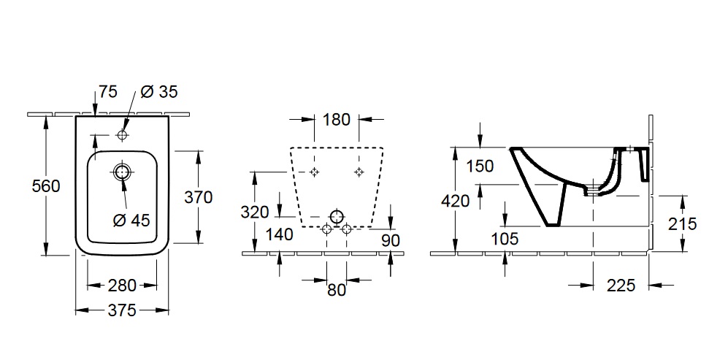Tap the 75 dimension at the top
(x=108, y=92)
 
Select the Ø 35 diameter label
(x=158, y=92)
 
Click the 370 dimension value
(x=198, y=196)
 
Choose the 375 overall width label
(x=122, y=310)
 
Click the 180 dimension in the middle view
(x=337, y=120)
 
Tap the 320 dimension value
(x=255, y=212)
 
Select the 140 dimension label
(x=279, y=234)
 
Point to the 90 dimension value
(x=391, y=239)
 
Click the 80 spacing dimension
(x=337, y=289)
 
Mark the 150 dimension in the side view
(x=480, y=166)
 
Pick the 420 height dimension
(x=456, y=201)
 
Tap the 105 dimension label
(x=505, y=239)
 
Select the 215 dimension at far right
(x=683, y=224)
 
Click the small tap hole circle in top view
(x=122, y=136)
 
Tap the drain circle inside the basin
(x=122, y=172)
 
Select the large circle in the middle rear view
(x=337, y=217)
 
